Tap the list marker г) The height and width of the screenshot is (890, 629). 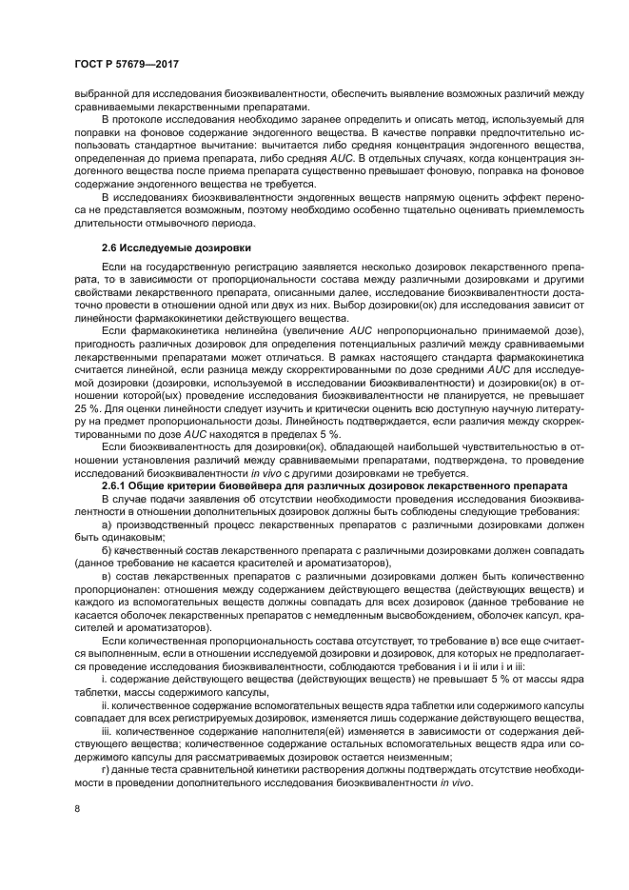(x=106, y=769)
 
